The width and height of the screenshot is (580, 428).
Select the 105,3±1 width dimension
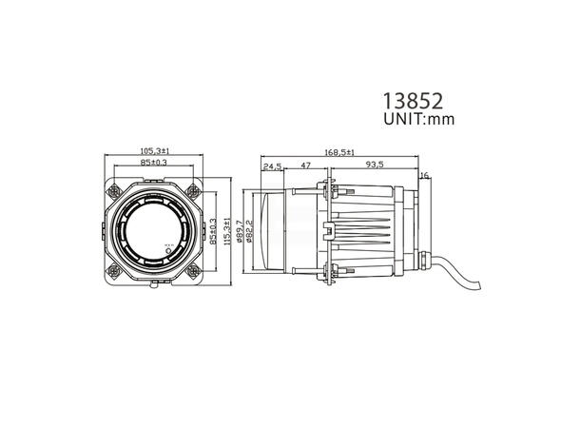pyautogui.click(x=155, y=150)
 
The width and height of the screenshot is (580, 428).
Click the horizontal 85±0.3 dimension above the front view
pyautogui.click(x=155, y=163)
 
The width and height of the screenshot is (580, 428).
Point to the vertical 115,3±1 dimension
pyautogui.click(x=225, y=231)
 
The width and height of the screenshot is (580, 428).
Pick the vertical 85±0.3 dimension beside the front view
pyautogui.click(x=214, y=231)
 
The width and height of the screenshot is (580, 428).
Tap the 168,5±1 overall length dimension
pyautogui.click(x=339, y=152)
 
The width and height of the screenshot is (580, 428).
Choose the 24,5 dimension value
pyautogui.click(x=273, y=165)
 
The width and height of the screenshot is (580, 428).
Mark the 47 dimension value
pyautogui.click(x=306, y=165)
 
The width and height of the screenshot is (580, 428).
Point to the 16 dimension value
pyautogui.click(x=424, y=176)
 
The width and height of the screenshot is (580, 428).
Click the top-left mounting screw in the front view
pyautogui.click(x=116, y=188)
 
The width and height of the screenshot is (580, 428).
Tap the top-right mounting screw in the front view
pyautogui.click(x=194, y=188)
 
